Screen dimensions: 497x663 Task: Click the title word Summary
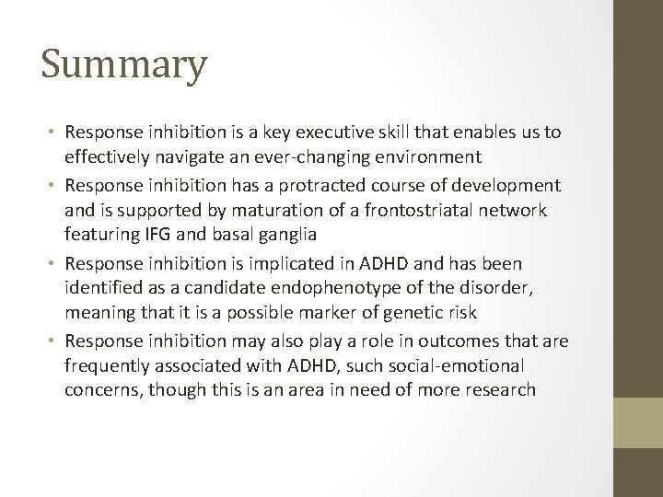coord(123,67)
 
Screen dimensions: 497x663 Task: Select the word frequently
coord(107,365)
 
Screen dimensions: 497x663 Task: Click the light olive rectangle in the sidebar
coord(638,429)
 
